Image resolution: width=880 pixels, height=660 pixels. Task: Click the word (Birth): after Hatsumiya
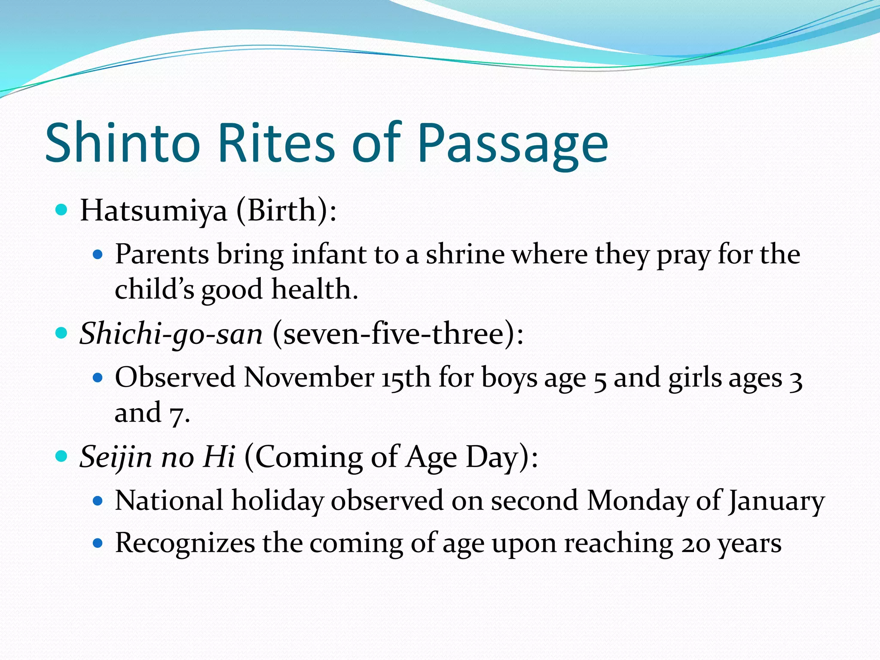point(286,211)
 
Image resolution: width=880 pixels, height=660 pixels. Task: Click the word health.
point(315,289)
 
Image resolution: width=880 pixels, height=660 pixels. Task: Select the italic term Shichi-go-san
point(171,334)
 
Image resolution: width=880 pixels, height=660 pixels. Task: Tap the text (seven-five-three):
point(398,334)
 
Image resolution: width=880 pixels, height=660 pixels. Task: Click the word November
point(309,378)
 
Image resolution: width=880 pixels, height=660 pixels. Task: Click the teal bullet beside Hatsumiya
point(62,210)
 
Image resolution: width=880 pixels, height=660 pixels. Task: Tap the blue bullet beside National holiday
point(98,501)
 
